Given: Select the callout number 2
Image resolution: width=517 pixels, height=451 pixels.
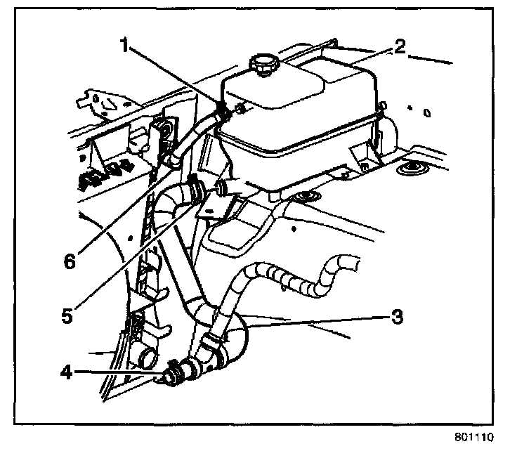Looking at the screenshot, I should click(399, 48).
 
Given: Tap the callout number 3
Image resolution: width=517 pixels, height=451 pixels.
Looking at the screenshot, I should click(398, 316).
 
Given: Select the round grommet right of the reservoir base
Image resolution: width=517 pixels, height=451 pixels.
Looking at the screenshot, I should click(407, 169).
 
